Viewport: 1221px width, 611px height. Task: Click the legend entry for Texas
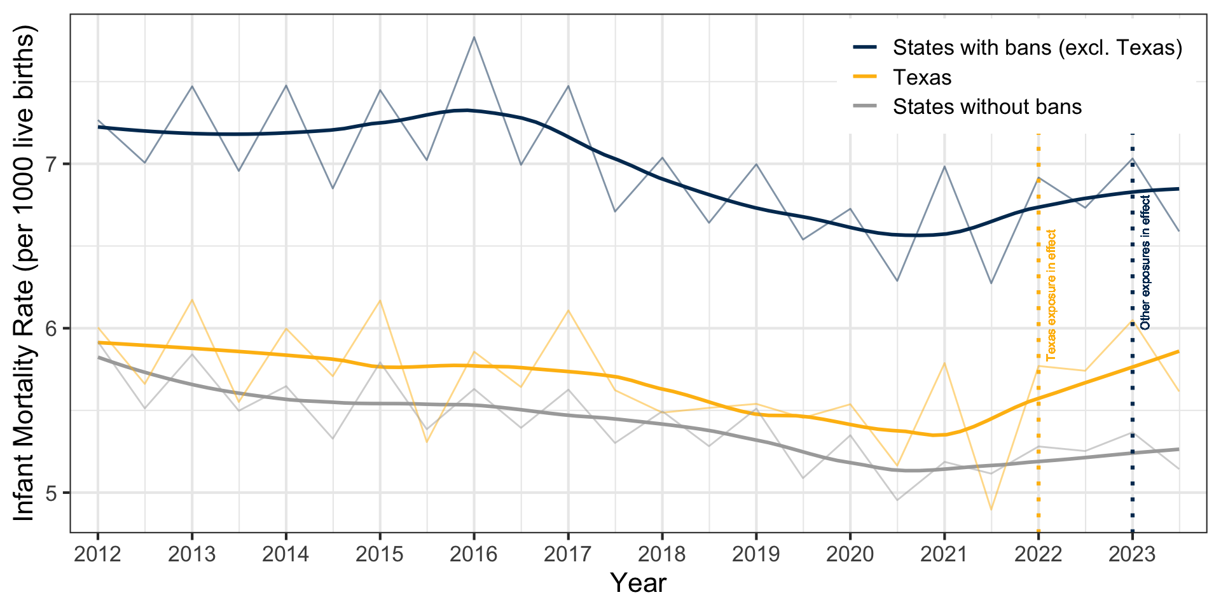(922, 78)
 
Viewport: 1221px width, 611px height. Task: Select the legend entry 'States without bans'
(987, 107)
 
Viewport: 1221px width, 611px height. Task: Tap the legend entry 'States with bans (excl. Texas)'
(1037, 48)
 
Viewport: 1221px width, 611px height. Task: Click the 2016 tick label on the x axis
(474, 554)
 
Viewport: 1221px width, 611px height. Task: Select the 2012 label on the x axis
(98, 554)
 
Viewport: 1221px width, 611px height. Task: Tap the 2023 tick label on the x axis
(1132, 554)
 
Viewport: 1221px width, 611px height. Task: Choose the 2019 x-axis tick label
(756, 554)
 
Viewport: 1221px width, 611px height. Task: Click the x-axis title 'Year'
(638, 583)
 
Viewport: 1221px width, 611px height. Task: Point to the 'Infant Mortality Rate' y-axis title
(24, 274)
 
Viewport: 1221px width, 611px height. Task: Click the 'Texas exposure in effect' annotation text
(1051, 295)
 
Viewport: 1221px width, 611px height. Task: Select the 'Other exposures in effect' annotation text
(1145, 262)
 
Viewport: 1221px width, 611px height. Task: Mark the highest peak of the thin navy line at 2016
(474, 37)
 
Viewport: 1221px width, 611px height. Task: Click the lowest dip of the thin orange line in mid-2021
(991, 510)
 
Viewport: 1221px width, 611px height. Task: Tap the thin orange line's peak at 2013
(192, 300)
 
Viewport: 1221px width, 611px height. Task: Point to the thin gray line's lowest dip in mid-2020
(897, 500)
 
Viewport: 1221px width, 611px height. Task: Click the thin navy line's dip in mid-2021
(991, 283)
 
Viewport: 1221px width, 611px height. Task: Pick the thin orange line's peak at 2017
(568, 310)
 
